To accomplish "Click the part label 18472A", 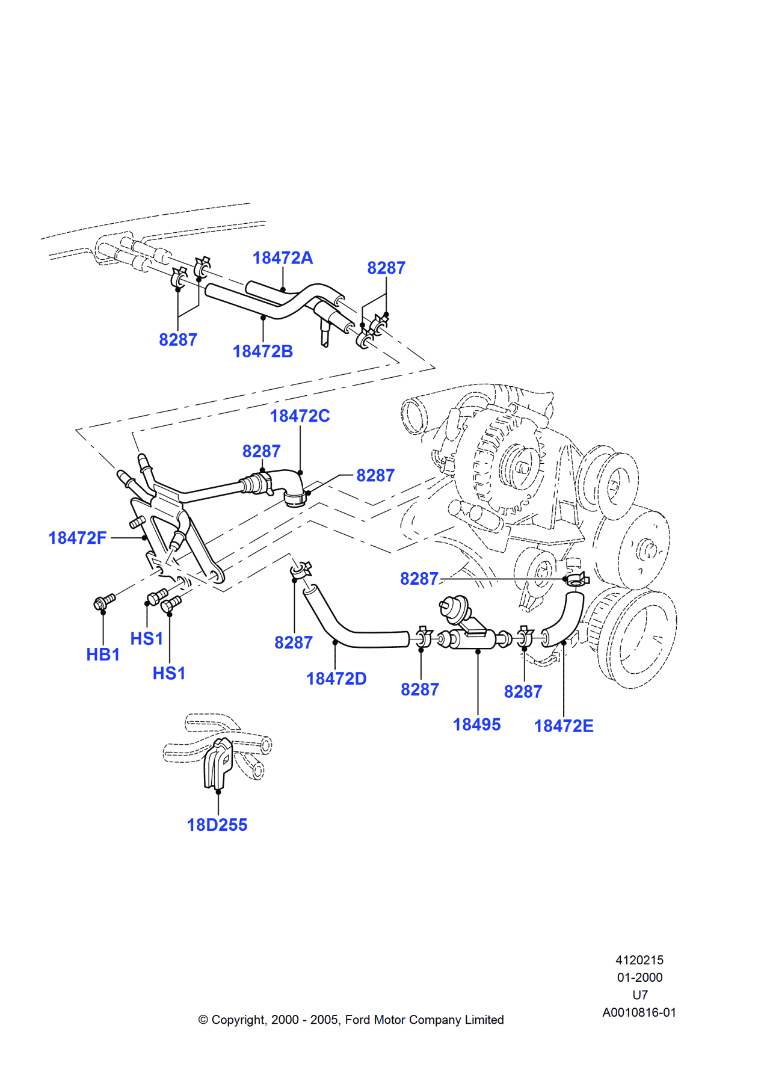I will [282, 258].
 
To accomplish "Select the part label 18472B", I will [262, 351].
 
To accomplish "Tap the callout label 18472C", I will [300, 416].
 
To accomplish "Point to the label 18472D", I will [336, 679].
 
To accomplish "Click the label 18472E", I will [564, 726].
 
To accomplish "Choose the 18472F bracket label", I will [77, 538].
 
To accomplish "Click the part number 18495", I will [476, 724].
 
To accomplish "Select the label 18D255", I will [217, 825].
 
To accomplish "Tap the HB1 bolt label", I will [103, 655].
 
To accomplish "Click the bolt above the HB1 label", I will [105, 600].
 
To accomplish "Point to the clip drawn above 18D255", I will [218, 764].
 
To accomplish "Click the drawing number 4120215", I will [639, 960].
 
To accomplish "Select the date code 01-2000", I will [639, 978].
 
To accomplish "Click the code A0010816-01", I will [639, 1012].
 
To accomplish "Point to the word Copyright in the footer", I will [238, 1020].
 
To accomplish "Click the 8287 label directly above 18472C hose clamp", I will [261, 451].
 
